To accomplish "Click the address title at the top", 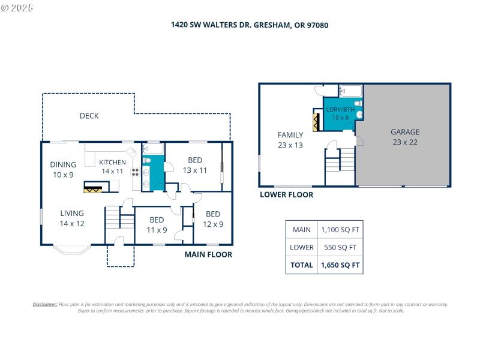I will (x=249, y=25).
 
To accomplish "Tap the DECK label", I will (x=89, y=116).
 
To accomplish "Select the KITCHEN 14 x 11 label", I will (x=112, y=167).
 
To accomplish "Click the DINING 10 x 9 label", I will (x=63, y=169).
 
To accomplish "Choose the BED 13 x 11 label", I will (x=194, y=165).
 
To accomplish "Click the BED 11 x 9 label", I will (x=157, y=224).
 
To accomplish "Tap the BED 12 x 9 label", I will (x=213, y=219).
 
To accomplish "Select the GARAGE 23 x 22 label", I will (x=405, y=137).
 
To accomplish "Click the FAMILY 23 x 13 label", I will (x=290, y=140).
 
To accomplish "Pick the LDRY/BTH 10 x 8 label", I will (x=340, y=113).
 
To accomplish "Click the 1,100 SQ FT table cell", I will (x=340, y=230).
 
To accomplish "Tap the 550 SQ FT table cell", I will (x=340, y=247).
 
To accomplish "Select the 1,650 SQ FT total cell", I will (x=340, y=265).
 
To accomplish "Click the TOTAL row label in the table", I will (x=301, y=265).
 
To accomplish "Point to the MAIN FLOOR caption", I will (x=208, y=254).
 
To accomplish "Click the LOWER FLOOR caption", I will (x=286, y=194).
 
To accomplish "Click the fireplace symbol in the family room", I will (x=316, y=118).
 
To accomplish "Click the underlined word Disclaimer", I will (x=45, y=304).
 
